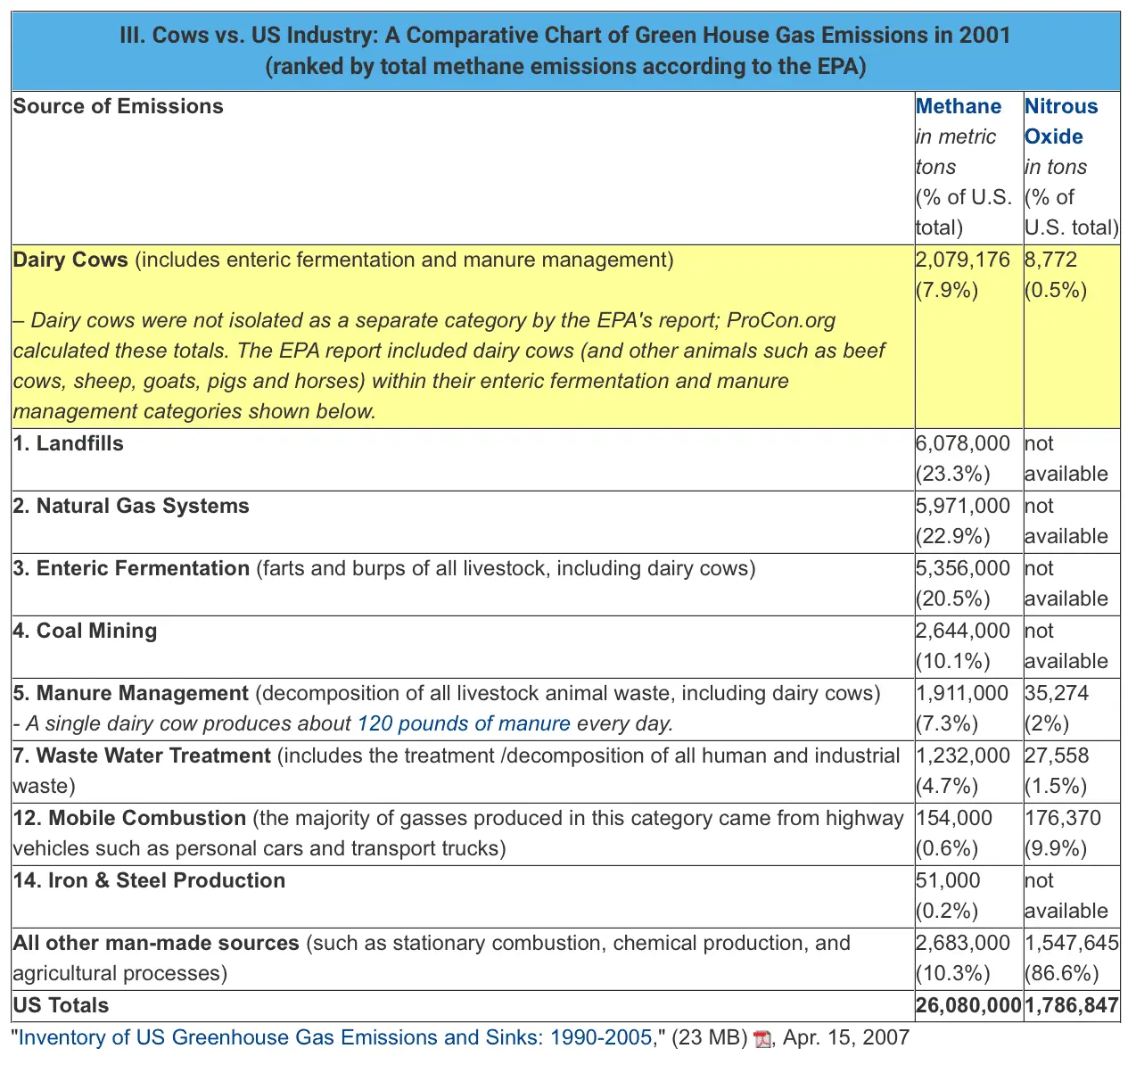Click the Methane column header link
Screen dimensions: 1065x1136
point(959,106)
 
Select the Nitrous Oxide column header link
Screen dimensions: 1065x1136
point(1060,121)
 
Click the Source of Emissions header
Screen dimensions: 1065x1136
point(118,106)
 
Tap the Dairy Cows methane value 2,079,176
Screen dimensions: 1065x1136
point(962,260)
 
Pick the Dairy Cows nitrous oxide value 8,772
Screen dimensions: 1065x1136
point(1050,260)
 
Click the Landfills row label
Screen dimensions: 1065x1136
point(69,443)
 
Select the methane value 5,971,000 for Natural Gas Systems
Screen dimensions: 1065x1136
point(962,506)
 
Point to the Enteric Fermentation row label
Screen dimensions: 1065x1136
point(132,568)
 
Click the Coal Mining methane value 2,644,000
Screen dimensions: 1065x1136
point(962,631)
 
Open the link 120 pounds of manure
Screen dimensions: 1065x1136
point(463,723)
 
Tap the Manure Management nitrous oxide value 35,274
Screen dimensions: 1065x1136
point(1057,693)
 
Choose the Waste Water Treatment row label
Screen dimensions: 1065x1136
point(142,755)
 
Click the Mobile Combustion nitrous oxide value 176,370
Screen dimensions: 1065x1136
point(1063,818)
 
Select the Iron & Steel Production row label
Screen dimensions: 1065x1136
point(149,880)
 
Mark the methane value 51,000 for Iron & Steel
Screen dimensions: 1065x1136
point(947,880)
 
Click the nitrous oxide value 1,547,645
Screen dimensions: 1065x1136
point(1071,943)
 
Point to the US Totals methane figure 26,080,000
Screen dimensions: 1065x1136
point(968,1005)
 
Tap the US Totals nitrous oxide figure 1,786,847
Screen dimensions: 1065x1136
point(1071,1005)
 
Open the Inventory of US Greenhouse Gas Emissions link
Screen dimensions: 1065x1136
point(335,1037)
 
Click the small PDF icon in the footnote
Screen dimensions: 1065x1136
point(761,1039)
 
